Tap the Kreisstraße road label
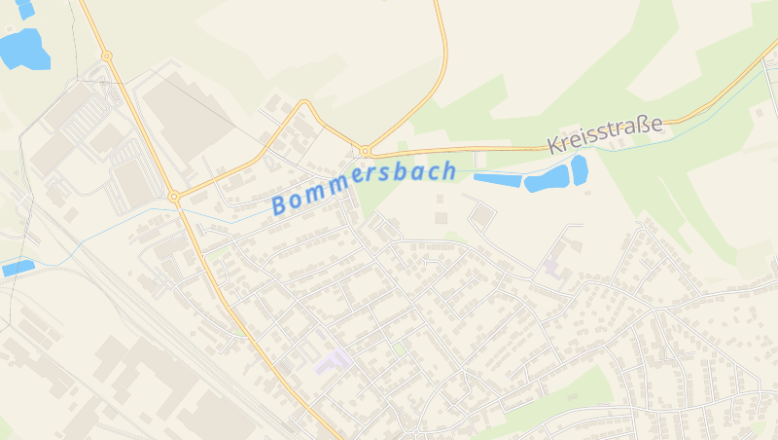604,134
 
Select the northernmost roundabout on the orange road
106,55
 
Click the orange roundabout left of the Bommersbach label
174,197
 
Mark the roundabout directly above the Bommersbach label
365,151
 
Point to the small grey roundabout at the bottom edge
415,431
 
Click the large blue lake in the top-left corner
24,49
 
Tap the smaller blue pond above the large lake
24,9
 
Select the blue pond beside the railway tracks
18,267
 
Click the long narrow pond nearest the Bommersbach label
497,179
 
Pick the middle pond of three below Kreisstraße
547,179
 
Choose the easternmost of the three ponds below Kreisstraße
580,169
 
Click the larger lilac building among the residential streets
333,361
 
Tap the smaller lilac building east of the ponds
552,265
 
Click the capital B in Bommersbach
281,204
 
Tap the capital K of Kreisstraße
555,146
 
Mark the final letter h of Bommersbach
447,170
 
